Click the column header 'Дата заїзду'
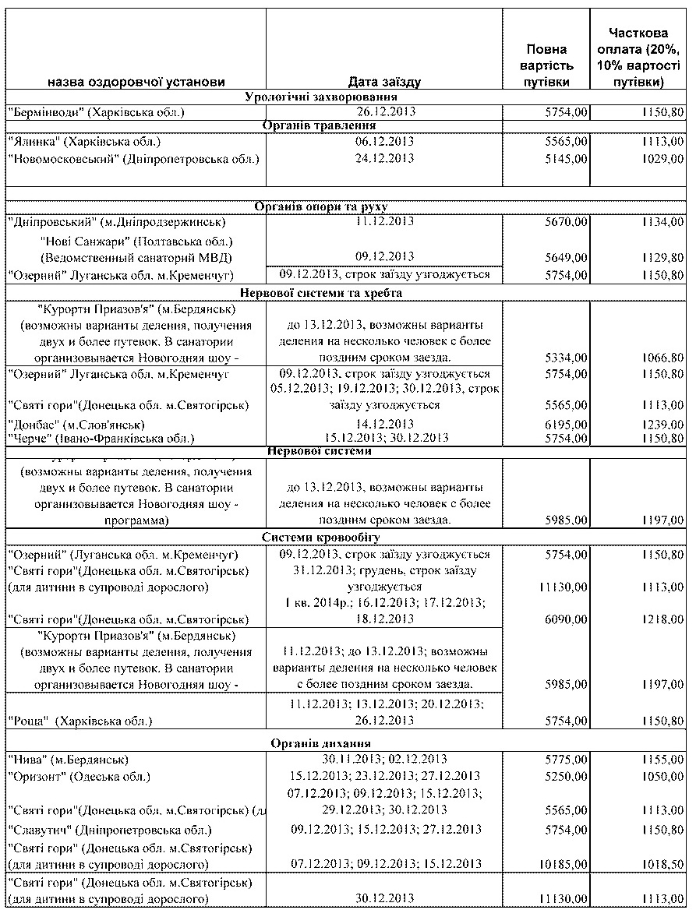(384, 81)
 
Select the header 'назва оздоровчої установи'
(136, 81)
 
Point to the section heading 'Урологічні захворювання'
(322, 97)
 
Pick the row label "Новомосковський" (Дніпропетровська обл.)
(132, 159)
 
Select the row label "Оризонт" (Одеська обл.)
(79, 776)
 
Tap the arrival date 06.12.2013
(384, 142)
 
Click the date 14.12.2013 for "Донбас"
(384, 425)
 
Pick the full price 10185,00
(563, 864)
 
